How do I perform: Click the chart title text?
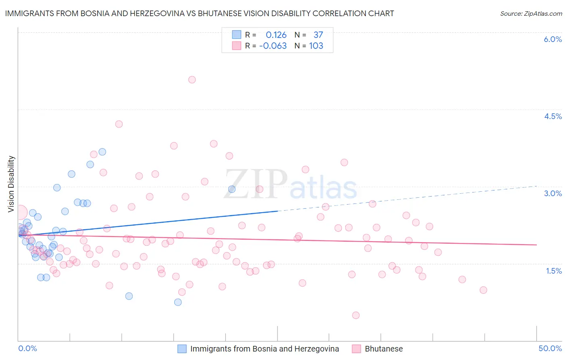199,13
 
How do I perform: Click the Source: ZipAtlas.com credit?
531,13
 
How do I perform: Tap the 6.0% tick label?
552,39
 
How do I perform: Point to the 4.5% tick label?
552,116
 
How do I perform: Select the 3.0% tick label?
552,193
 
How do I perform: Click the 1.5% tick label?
554,271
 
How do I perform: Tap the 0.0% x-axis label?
27,348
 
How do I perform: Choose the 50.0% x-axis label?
550,348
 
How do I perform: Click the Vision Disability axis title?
11,184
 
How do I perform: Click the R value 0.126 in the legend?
276,35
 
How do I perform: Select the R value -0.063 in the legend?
273,46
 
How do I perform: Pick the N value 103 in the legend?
316,46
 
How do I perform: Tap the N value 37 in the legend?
318,35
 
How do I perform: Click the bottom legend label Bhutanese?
384,349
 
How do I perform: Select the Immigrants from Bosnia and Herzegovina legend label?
265,349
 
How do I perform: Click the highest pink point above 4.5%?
192,80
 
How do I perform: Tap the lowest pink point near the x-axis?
356,315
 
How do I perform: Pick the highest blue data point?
102,152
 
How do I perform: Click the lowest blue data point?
178,302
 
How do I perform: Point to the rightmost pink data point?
483,290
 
